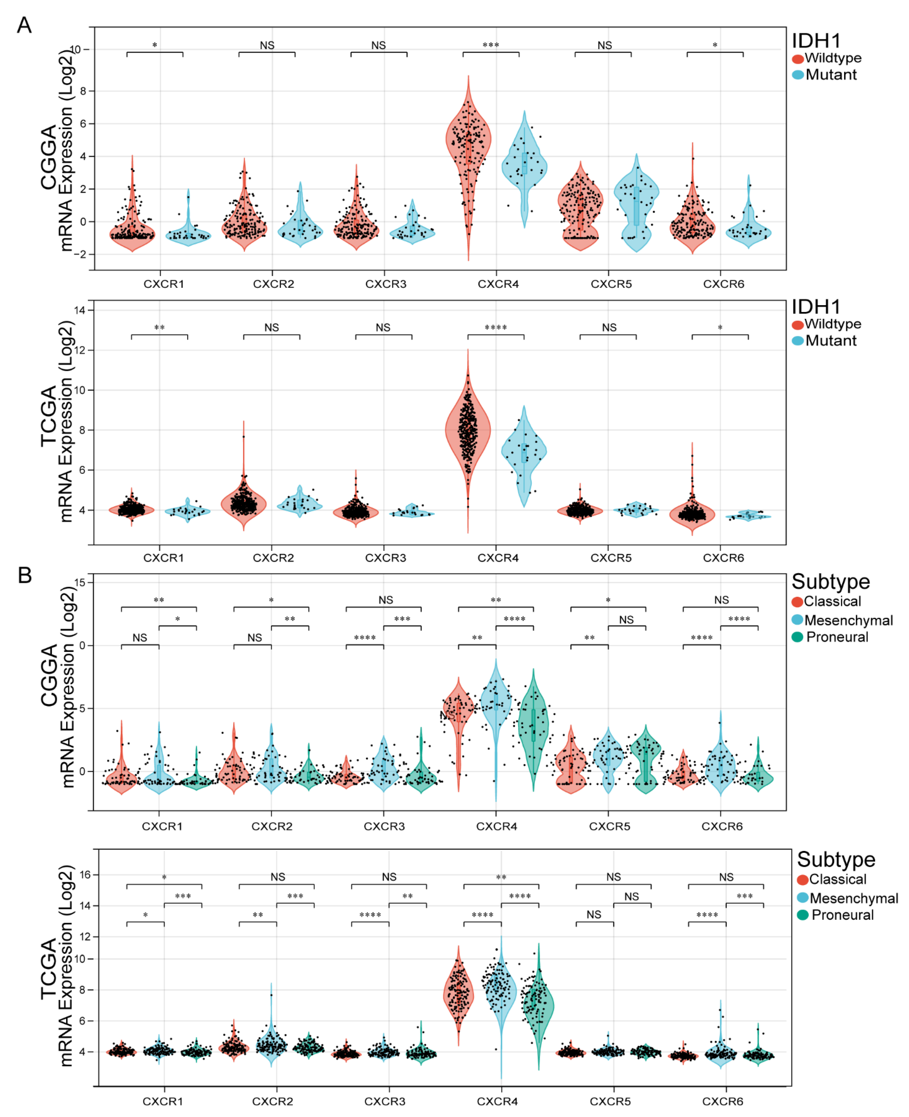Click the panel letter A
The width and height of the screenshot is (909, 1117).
pyautogui.click(x=24, y=25)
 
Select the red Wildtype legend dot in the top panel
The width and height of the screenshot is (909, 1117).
pyautogui.click(x=798, y=59)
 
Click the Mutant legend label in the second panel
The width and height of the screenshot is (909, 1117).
pyautogui.click(x=831, y=341)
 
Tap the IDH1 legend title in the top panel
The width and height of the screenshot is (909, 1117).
pyautogui.click(x=816, y=41)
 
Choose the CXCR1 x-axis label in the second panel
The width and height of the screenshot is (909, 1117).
pyautogui.click(x=163, y=558)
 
